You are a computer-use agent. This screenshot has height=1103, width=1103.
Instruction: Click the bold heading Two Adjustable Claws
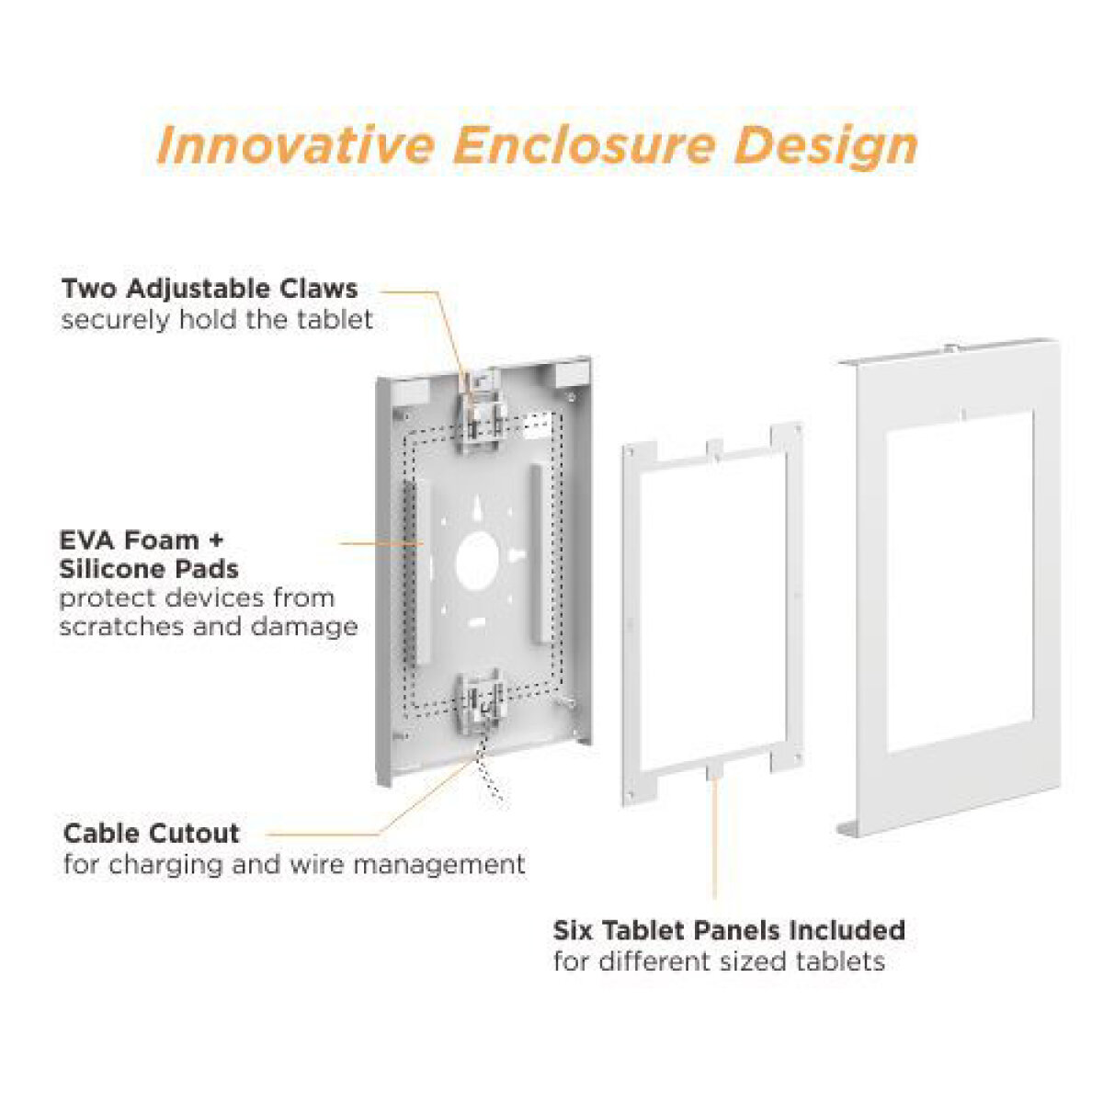pos(210,289)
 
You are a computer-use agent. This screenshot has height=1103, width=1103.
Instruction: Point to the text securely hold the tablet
pos(217,320)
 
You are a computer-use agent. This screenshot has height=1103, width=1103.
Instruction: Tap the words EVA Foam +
pos(142,540)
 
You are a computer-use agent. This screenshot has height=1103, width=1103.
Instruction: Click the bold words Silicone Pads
pos(149,568)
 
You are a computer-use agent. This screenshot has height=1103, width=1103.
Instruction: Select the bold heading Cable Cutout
pos(152,834)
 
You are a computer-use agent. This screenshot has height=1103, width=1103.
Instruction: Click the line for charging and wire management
pos(294,865)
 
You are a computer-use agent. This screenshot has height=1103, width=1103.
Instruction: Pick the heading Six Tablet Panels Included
pos(729,930)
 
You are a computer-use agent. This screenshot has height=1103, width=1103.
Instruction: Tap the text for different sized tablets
pos(719,961)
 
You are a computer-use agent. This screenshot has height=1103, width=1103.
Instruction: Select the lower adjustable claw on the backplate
pos(479,701)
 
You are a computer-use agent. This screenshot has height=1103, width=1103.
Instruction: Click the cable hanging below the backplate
pos(490,777)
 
